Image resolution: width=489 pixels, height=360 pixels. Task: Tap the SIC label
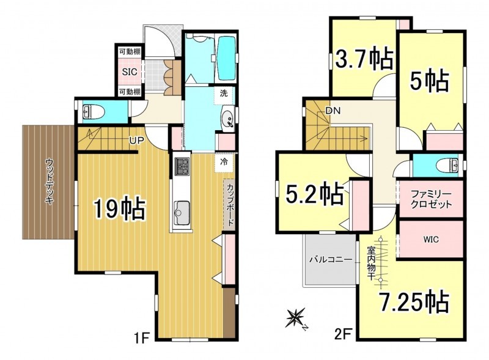point(130,72)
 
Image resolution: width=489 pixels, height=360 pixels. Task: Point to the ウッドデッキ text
point(49,182)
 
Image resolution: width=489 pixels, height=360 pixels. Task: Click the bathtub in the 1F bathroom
point(226,59)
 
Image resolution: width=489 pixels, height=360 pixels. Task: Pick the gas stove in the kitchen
point(182,166)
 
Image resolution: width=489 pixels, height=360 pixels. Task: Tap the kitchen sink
point(182,213)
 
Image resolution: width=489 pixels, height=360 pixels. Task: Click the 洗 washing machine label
point(224,93)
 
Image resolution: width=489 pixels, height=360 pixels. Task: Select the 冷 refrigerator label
point(224,162)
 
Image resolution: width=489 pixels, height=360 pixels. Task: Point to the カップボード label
point(230,205)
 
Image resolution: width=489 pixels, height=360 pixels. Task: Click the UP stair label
point(136,141)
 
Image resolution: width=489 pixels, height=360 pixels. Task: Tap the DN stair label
point(333,111)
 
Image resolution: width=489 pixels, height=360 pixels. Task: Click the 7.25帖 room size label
point(414,302)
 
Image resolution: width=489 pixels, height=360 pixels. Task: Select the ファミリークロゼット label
point(431,199)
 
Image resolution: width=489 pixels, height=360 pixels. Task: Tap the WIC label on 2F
point(431,239)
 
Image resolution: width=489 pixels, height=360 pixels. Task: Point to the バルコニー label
point(331,260)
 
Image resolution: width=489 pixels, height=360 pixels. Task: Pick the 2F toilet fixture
point(448,166)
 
